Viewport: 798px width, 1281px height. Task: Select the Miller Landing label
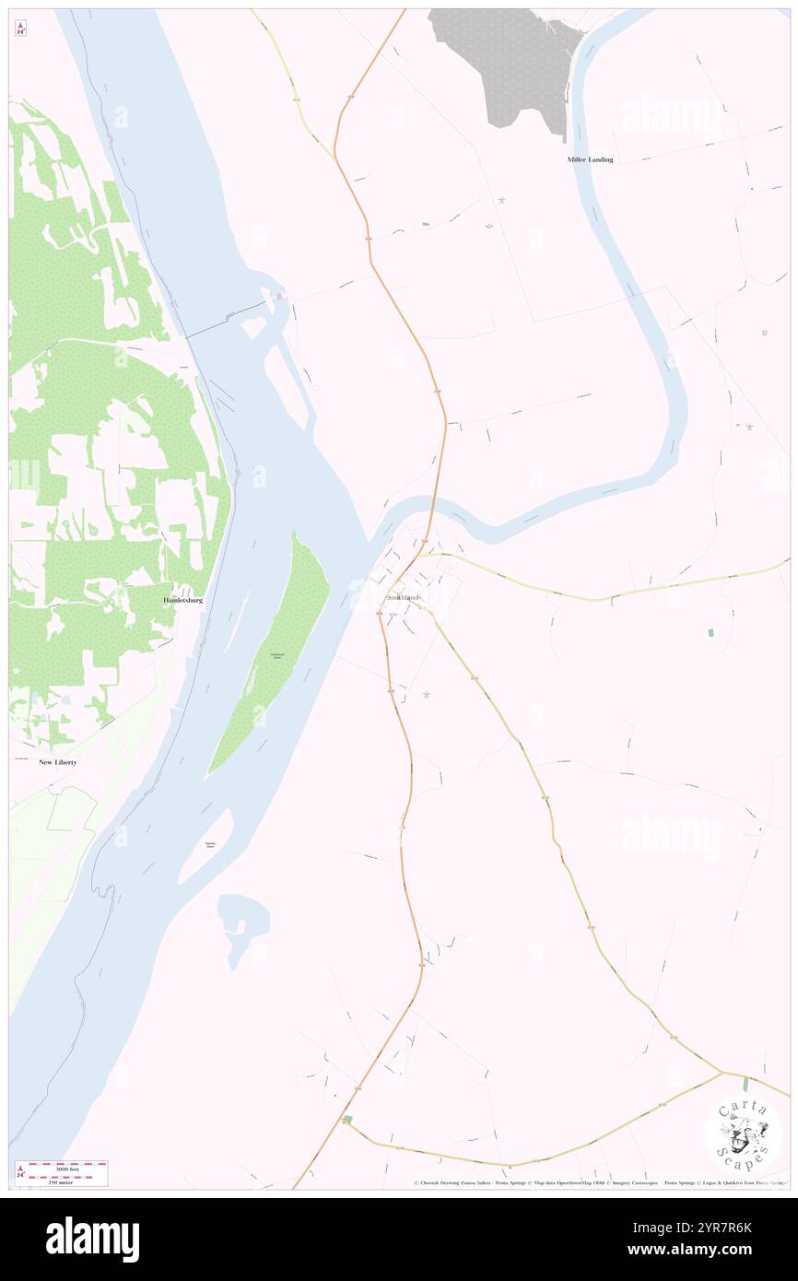point(590,159)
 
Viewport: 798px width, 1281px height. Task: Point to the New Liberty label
point(57,762)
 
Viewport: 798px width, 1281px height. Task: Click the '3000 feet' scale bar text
point(66,1169)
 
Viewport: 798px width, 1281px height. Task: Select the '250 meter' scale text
point(61,1181)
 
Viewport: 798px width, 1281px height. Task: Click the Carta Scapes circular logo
point(743,1134)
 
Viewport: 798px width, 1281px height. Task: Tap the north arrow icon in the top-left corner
point(20,28)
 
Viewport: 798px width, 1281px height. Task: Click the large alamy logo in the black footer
point(92,1238)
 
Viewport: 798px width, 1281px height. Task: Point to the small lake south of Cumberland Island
point(241,922)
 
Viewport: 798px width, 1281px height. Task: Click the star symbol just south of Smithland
point(426,695)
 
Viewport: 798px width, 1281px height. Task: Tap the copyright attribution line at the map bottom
point(599,1182)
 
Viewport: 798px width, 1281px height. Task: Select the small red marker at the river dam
point(278,296)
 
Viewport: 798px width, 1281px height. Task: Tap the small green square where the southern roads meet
point(347,1120)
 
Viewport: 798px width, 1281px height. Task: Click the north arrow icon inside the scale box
point(20,1173)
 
